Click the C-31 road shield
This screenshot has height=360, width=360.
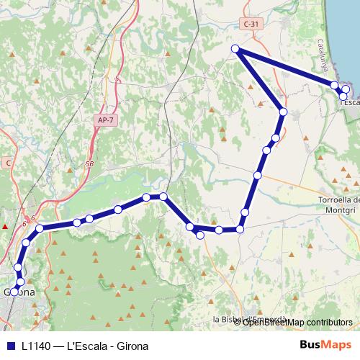251,24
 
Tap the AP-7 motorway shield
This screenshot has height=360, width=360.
104,120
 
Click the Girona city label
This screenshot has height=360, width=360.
21,292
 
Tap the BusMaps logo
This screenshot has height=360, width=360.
325,344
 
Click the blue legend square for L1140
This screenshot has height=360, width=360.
10,345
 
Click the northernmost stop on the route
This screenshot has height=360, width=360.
235,48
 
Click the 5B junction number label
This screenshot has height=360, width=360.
89,164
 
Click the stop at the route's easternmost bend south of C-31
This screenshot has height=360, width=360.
283,112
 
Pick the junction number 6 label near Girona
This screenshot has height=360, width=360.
32,217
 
